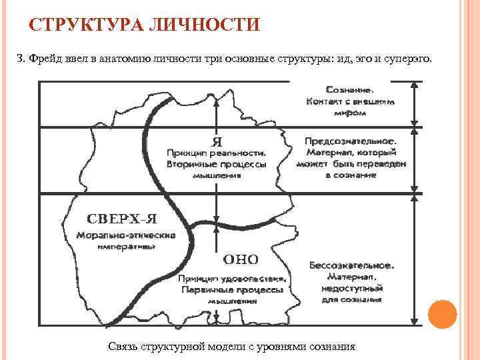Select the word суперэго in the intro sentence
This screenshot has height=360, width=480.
(411, 59)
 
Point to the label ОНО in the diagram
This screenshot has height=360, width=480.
(240, 259)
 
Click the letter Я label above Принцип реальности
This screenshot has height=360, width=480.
(216, 141)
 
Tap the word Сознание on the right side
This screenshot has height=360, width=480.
(349, 89)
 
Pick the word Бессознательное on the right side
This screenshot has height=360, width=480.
(351, 265)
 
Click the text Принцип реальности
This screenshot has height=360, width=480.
(216, 153)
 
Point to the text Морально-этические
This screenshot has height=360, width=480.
(125, 235)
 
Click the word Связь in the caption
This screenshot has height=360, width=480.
(121, 347)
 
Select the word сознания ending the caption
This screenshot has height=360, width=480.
(333, 347)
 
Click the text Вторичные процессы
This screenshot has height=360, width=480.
(216, 163)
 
